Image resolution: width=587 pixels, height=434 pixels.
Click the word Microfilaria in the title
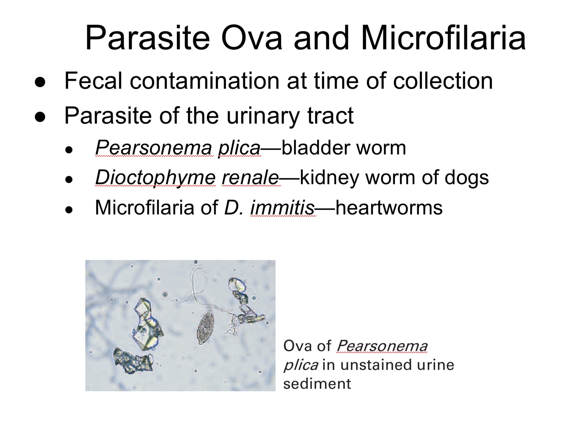[x=443, y=38]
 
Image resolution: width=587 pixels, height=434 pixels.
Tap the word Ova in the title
[x=252, y=38]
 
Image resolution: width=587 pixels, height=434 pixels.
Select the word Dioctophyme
[x=155, y=178]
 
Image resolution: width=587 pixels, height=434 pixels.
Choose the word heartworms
[x=389, y=207]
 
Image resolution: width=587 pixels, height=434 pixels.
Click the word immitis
[x=282, y=207]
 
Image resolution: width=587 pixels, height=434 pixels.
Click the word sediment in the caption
[x=317, y=383]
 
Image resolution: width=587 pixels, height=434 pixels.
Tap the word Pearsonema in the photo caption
[x=382, y=346]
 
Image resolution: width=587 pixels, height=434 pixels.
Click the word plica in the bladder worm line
[x=239, y=148]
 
